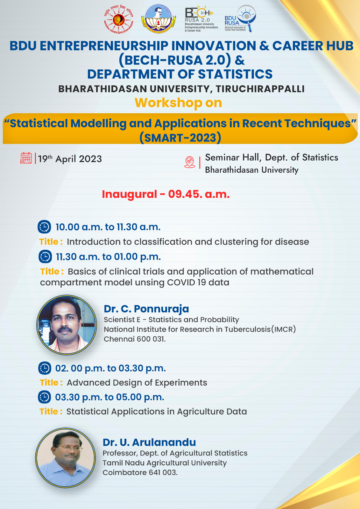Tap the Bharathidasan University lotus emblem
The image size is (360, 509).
pos(159,19)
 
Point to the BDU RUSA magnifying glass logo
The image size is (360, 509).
pos(240,18)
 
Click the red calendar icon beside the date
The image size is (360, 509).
pos(26,158)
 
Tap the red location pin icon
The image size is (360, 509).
pos(190,162)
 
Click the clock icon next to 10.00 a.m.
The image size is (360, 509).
pos(44,227)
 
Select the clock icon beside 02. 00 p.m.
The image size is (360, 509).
pos(45,368)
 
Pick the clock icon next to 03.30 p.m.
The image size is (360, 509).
pos(44,397)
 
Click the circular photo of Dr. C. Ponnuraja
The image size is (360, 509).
pos(67,325)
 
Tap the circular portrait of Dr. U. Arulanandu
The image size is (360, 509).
pos(66,458)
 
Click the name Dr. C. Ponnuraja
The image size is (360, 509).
pos(146,309)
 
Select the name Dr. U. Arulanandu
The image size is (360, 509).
pos(149,443)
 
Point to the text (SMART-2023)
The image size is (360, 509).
pos(180,138)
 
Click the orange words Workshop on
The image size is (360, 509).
pos(178,103)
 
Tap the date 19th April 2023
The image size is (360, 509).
pos(70,159)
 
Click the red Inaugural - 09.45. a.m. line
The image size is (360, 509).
pos(166,194)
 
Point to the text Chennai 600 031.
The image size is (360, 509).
pos(135,339)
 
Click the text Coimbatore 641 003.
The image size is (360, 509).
pos(140,472)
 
